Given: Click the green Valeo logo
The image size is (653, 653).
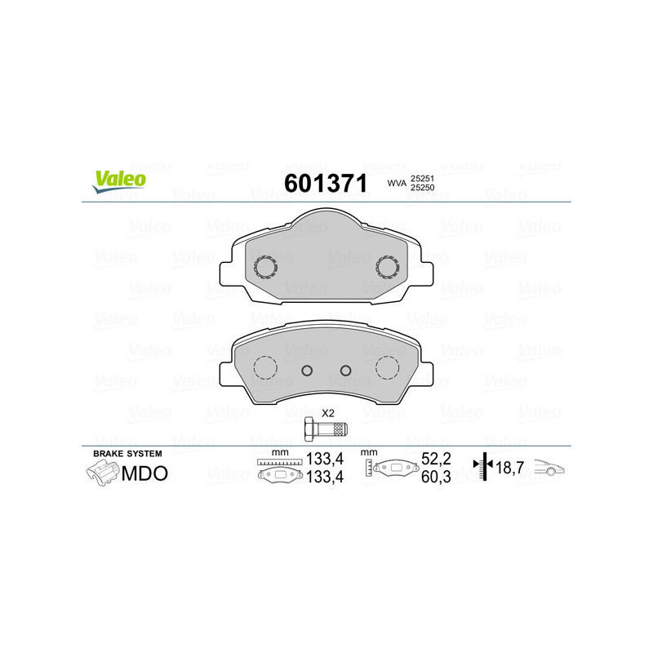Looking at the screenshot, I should [x=119, y=181].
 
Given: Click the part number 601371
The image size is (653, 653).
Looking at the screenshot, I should [x=325, y=183].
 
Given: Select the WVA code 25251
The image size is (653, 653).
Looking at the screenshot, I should [x=421, y=177].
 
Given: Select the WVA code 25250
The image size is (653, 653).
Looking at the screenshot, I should [x=421, y=189].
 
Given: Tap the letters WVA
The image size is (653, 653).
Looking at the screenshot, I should [x=397, y=183].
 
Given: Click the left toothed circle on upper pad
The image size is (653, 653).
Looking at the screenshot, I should [x=266, y=266].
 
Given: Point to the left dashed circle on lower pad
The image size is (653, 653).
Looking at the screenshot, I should [x=266, y=368].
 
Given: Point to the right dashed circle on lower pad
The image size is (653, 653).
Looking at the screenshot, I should [x=387, y=368].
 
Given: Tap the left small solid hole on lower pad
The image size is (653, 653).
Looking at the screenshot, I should [x=307, y=371].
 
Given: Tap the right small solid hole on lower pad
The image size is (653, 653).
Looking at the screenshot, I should [x=345, y=371].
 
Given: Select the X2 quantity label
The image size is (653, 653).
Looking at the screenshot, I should [x=328, y=412].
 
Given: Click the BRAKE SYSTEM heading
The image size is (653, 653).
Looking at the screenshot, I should [x=127, y=454].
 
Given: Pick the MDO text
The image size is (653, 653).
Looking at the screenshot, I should [x=144, y=473].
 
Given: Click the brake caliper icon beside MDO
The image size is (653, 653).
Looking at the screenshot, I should [x=101, y=473].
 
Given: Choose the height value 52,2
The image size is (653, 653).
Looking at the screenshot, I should [x=434, y=460].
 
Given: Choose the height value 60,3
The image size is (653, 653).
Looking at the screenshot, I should [x=434, y=477].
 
